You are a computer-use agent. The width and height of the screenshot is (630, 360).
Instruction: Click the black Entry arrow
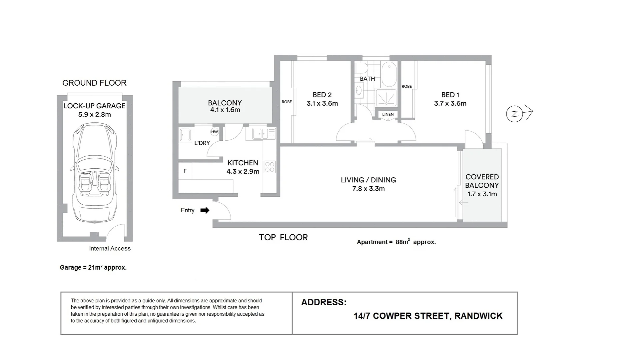(x=205, y=210)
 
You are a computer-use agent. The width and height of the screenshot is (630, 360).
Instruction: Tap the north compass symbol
(x=514, y=114)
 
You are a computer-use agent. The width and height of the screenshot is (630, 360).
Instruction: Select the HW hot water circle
(x=215, y=132)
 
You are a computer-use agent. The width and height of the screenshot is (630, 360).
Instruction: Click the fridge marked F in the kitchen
(x=185, y=171)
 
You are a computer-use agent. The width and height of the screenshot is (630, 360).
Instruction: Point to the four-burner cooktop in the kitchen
(x=270, y=167)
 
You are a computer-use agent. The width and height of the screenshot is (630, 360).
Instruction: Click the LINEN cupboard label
(x=388, y=114)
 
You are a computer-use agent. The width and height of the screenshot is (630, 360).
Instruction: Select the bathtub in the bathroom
(x=389, y=74)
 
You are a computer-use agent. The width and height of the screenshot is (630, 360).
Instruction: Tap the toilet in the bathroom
(x=361, y=68)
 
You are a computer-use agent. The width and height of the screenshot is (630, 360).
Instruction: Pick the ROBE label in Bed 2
(x=287, y=102)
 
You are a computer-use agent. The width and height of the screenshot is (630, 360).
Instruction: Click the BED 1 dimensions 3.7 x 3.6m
(x=450, y=103)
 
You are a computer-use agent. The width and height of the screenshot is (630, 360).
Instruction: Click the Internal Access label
(x=110, y=248)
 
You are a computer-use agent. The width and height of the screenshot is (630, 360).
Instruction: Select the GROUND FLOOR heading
(x=94, y=83)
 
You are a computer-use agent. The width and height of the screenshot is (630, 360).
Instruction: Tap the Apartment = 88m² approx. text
(x=396, y=242)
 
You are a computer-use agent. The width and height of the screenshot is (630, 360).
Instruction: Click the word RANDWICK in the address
(x=478, y=316)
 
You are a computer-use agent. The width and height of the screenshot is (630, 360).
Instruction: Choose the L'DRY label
(x=202, y=143)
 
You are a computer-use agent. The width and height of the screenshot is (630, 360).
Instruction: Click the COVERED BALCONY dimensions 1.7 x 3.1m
(x=482, y=194)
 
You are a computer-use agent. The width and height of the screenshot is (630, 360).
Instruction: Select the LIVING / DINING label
(x=368, y=180)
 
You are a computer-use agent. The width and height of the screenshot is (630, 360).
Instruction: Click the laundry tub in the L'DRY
(x=185, y=135)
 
